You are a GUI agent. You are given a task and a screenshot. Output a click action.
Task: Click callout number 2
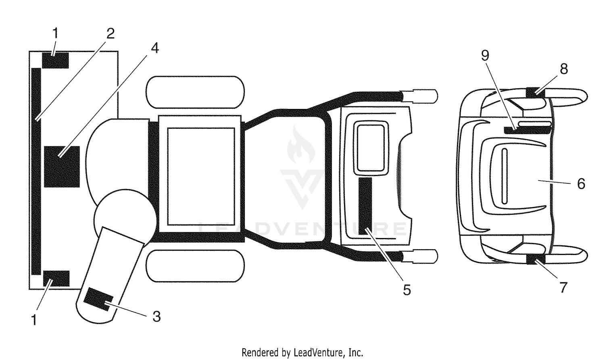point(110,33)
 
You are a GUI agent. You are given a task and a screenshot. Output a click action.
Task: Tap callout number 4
point(154,48)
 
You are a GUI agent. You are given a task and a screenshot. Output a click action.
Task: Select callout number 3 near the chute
point(156,316)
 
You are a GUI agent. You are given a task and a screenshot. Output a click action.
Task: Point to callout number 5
point(407,290)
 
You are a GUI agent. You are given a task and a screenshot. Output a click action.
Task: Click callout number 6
point(581,184)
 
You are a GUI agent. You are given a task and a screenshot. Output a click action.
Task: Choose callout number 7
point(563,288)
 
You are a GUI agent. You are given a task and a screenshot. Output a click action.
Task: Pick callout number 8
point(564,69)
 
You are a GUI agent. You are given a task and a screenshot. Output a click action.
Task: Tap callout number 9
point(485,55)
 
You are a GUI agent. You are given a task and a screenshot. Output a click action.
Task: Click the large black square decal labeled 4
point(62,166)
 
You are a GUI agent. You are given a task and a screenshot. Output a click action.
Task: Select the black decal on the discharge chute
point(98,299)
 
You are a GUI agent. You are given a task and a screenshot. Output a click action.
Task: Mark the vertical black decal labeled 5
point(365,206)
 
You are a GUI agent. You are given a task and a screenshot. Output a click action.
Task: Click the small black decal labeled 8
point(536,93)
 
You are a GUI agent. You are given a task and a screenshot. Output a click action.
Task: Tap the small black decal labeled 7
point(536,259)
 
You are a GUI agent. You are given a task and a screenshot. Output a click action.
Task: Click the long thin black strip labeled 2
point(36,171)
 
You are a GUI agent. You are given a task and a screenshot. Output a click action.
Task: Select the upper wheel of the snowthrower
point(195,92)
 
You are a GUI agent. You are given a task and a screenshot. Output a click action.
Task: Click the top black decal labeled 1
point(56,60)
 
